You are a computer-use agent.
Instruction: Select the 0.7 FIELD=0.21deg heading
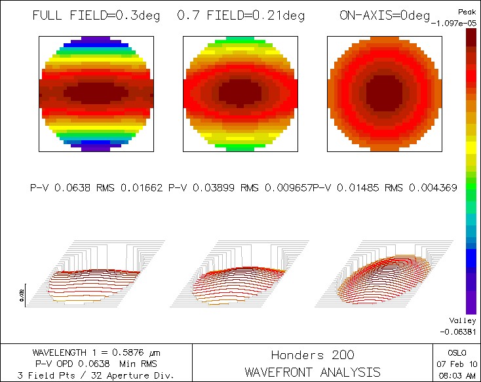[240, 15]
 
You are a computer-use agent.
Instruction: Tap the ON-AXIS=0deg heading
[385, 15]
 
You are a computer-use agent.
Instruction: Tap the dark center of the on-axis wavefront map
[383, 94]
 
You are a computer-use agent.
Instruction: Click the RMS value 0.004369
[433, 188]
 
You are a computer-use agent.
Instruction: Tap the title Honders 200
[313, 355]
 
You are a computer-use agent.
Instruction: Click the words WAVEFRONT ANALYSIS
[313, 372]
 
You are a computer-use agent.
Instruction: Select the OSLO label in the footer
[456, 353]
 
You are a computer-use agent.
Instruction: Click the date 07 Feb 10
[456, 364]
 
